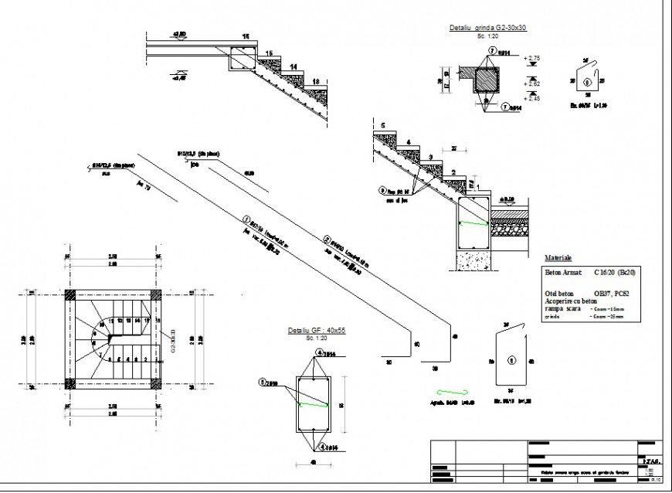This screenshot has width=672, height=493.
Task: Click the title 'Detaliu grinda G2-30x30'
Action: (x=487, y=28)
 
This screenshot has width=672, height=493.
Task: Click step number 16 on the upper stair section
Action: (x=246, y=37)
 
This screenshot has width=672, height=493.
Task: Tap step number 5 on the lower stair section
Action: (x=382, y=124)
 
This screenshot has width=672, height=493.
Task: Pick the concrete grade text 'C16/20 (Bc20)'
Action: (x=616, y=273)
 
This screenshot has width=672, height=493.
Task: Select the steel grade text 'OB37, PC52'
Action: (x=610, y=294)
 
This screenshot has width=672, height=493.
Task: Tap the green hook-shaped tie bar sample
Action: (x=450, y=392)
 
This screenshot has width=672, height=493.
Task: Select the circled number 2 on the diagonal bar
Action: (x=328, y=239)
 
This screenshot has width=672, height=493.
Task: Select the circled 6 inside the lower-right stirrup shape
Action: (x=510, y=361)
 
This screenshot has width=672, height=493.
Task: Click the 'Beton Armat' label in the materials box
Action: (x=564, y=273)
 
